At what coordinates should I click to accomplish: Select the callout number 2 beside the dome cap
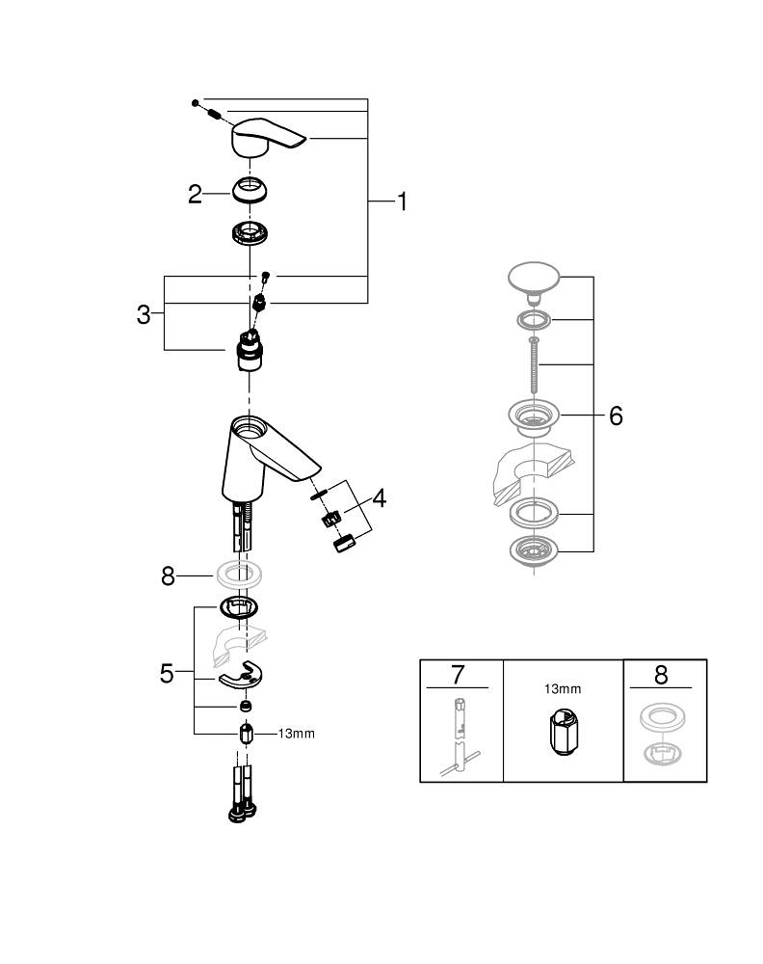pos(195,195)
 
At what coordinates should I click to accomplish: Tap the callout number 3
pos(144,314)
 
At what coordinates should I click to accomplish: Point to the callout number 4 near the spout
pos(379,498)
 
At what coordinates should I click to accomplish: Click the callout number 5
pos(167,673)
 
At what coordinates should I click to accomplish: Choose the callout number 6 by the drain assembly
pos(616,415)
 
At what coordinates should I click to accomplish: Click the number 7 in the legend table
pos(458,674)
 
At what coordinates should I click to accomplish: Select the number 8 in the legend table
pos(661,674)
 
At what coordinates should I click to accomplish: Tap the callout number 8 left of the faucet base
pos(168,576)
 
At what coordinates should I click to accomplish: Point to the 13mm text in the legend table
pos(563,689)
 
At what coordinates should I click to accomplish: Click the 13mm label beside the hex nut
pos(296,734)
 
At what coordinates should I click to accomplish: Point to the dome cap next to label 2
pos(250,188)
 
